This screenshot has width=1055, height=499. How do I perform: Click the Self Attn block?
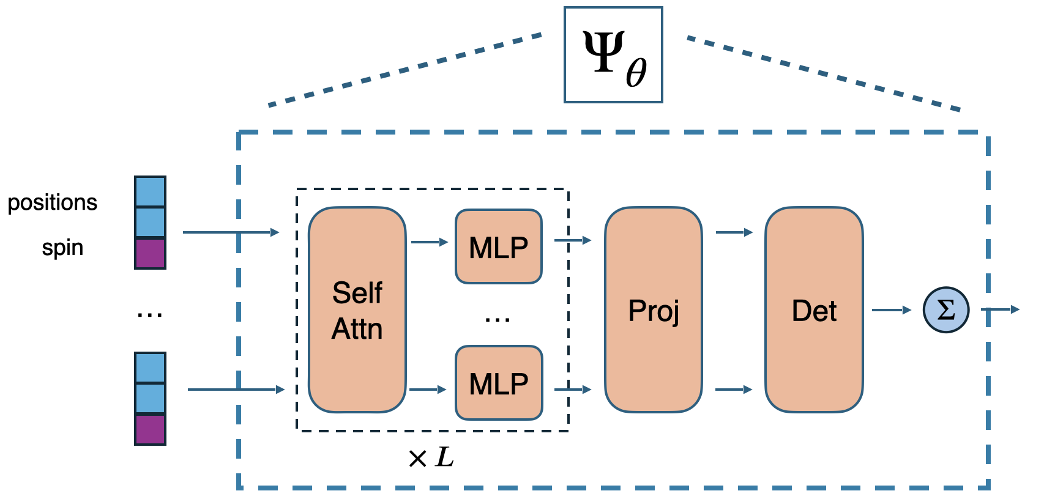tap(357, 310)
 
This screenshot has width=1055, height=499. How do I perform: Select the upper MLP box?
tap(499, 247)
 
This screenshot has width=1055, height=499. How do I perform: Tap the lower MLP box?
tap(499, 383)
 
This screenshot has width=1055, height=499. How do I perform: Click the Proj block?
tap(653, 310)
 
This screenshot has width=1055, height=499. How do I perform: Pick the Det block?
tap(814, 310)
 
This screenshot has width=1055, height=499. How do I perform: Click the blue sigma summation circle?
tap(945, 310)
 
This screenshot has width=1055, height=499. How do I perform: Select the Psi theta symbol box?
tap(613, 55)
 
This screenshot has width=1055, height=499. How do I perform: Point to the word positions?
tap(52, 202)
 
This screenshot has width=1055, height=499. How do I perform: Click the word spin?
tap(62, 248)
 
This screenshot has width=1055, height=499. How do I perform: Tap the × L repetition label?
tap(431, 457)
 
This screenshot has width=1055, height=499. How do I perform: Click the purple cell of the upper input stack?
tap(150, 254)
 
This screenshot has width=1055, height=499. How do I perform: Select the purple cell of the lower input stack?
tap(150, 429)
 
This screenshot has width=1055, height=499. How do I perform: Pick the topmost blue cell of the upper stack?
tap(150, 191)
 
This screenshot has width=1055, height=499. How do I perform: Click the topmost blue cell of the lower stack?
tap(150, 368)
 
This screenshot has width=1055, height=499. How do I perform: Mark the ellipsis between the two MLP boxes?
tap(498, 319)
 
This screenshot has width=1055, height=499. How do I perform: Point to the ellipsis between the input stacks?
tap(150, 315)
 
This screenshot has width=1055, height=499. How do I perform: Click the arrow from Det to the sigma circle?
tap(891, 310)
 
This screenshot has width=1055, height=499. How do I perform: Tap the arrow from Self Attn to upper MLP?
tap(429, 242)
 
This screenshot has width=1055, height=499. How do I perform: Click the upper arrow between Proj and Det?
tap(734, 232)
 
